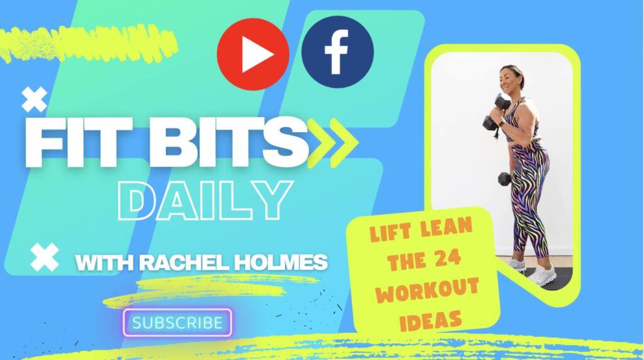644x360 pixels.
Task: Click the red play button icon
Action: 253,54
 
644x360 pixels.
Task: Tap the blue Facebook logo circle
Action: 338,52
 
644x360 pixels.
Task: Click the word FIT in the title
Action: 79,142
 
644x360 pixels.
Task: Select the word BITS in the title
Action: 228,142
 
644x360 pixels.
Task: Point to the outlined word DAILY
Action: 205,200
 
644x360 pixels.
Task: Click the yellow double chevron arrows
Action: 333,143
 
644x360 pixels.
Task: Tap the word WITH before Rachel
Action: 104,263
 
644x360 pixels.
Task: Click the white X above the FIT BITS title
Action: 35,99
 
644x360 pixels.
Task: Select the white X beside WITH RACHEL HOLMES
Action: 45,257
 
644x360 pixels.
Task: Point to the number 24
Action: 448,259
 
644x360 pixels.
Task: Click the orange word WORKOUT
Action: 428,290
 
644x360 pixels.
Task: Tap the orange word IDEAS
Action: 430,320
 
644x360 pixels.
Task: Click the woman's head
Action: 512,78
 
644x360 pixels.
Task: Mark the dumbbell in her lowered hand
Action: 505,179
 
